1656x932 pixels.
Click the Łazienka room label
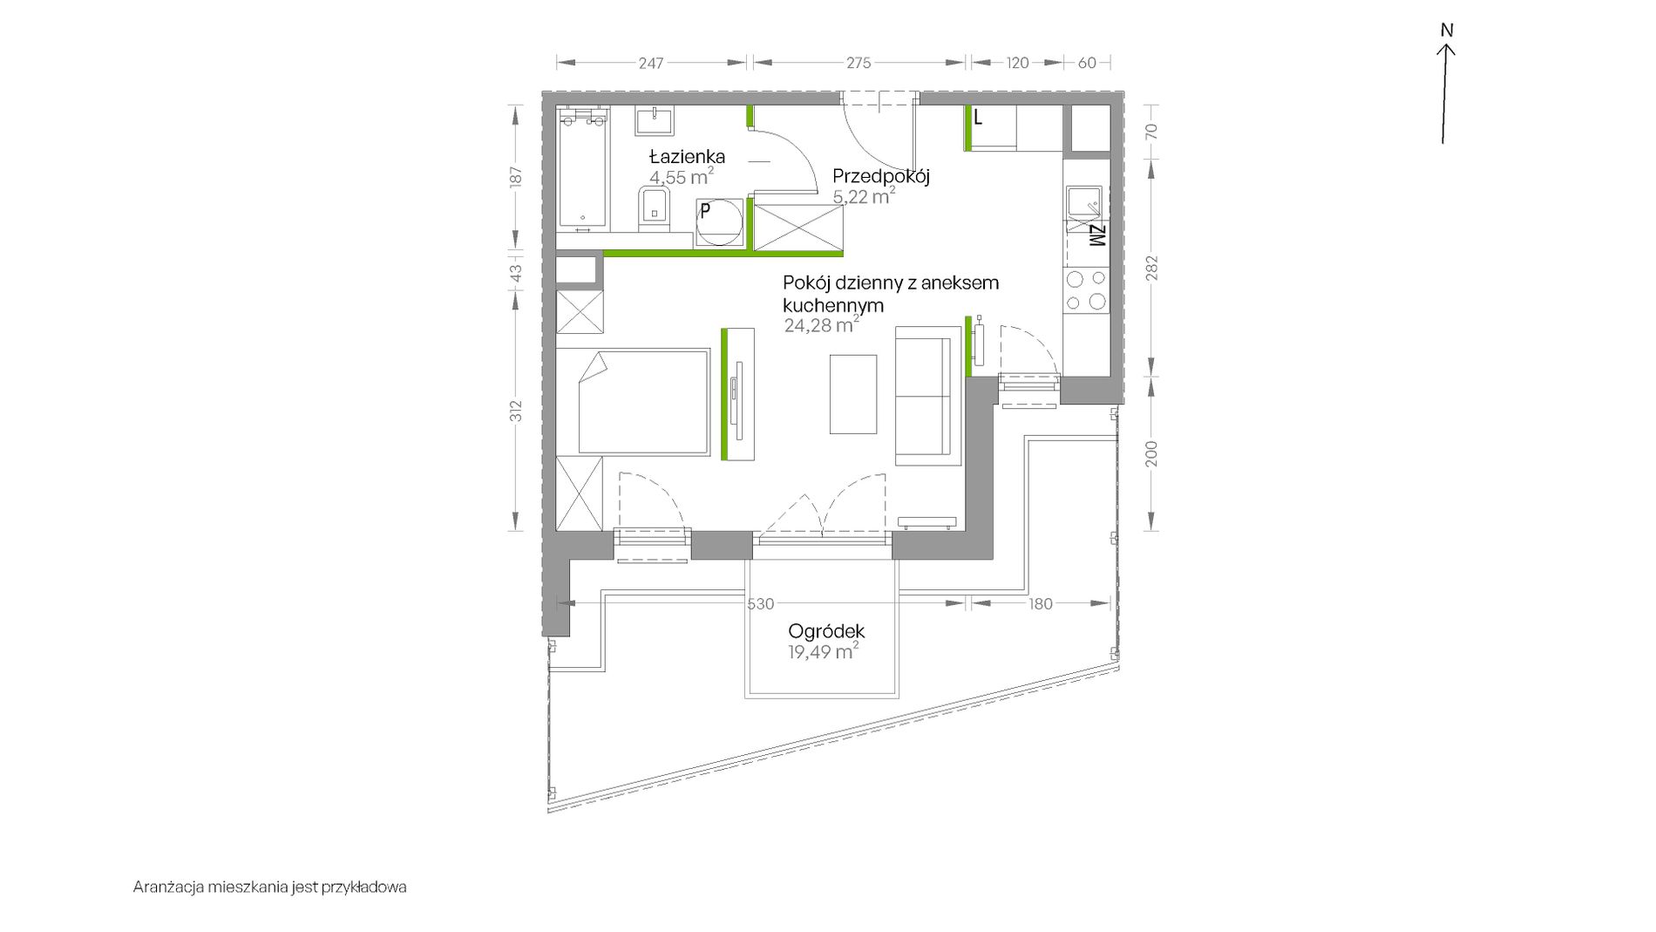pyautogui.click(x=687, y=157)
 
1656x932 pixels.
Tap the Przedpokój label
pyautogui.click(x=881, y=176)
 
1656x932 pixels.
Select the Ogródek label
pyautogui.click(x=826, y=630)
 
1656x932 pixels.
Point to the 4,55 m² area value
pyautogui.click(x=682, y=177)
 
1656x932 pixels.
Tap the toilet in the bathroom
pyautogui.click(x=654, y=209)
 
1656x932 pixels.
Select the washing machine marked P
pyautogui.click(x=721, y=222)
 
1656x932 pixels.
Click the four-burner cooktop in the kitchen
pyautogui.click(x=1086, y=291)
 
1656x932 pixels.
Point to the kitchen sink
pyautogui.click(x=1083, y=202)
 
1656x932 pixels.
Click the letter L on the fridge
pyautogui.click(x=978, y=118)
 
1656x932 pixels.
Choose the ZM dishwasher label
pyautogui.click(x=1096, y=235)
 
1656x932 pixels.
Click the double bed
pyautogui.click(x=634, y=402)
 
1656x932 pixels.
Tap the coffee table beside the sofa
pyautogui.click(x=853, y=393)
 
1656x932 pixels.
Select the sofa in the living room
pyautogui.click(x=922, y=396)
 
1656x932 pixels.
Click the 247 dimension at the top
pyautogui.click(x=651, y=63)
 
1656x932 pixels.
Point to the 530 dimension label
pyautogui.click(x=761, y=603)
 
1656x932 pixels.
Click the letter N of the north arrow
pyautogui.click(x=1447, y=31)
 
